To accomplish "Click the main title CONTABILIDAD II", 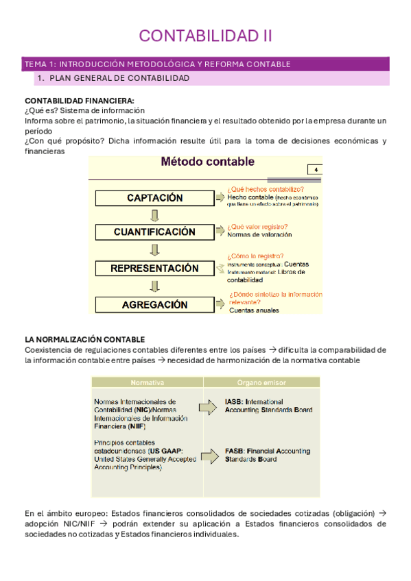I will point(205,36).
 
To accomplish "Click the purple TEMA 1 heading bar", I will point(205,64).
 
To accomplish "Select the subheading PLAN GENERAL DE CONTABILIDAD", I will point(119,79).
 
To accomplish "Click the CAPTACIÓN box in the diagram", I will point(155,197).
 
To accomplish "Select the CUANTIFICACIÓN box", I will point(155,232).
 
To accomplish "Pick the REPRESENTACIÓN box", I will point(155,269).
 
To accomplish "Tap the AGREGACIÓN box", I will point(155,304).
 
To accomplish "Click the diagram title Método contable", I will point(207,162).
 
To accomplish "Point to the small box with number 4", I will point(316,170).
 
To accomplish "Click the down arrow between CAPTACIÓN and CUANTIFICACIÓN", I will point(154,215).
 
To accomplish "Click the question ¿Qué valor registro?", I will point(257,226).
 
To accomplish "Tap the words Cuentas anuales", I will point(254,310).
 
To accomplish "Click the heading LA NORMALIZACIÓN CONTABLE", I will point(84,339).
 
